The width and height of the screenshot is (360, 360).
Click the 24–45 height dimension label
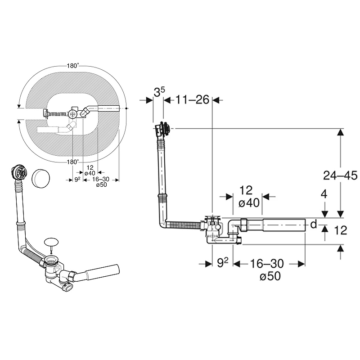(340, 175)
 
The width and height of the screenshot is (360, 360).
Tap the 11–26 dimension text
(193, 99)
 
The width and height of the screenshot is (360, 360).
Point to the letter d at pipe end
(314, 224)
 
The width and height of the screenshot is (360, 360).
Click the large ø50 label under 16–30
(270, 276)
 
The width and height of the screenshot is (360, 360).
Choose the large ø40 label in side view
(249, 203)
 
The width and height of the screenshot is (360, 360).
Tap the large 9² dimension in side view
(223, 263)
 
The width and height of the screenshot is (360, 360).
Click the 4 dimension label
(324, 194)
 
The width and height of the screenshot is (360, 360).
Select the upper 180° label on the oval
(73, 66)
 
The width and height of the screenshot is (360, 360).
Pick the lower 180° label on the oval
(73, 162)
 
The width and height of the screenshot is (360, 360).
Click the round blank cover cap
(41, 179)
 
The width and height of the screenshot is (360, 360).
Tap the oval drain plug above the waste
(51, 242)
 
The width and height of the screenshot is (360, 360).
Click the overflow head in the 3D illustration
(19, 172)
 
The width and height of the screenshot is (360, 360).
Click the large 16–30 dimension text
(267, 263)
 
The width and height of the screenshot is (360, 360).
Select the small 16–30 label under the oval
(101, 179)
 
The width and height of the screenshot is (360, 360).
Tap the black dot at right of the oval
(126, 108)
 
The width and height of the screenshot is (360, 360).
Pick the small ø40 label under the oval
(90, 173)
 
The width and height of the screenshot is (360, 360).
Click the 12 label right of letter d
(341, 230)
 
